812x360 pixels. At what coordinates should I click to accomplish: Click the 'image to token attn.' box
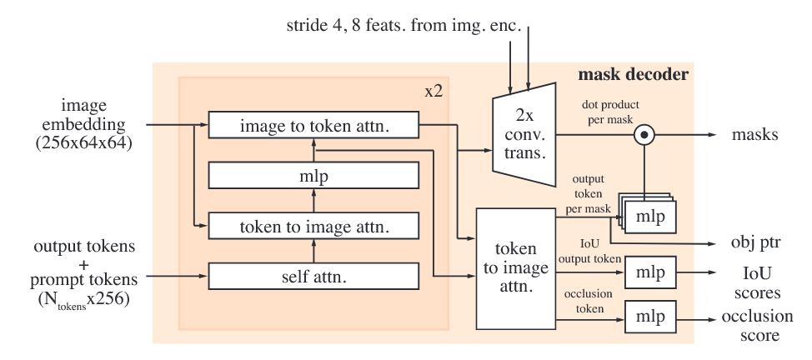pos(313,126)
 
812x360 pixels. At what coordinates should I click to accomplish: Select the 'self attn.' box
pos(313,275)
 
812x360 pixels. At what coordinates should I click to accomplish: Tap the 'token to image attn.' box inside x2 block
pos(313,225)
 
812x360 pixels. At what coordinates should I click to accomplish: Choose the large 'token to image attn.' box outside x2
pos(515,268)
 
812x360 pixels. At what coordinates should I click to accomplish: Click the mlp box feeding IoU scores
pos(649,272)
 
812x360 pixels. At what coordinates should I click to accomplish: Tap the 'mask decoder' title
pos(633,75)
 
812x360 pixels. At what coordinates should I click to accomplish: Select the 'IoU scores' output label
pos(759,282)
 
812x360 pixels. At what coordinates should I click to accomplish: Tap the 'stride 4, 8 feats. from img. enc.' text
pos(403,28)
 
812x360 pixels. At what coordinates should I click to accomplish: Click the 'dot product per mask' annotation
pos(612,112)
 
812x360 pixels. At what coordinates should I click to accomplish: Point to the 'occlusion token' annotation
pos(589,302)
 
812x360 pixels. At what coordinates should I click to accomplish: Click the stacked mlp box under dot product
pos(648,215)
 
